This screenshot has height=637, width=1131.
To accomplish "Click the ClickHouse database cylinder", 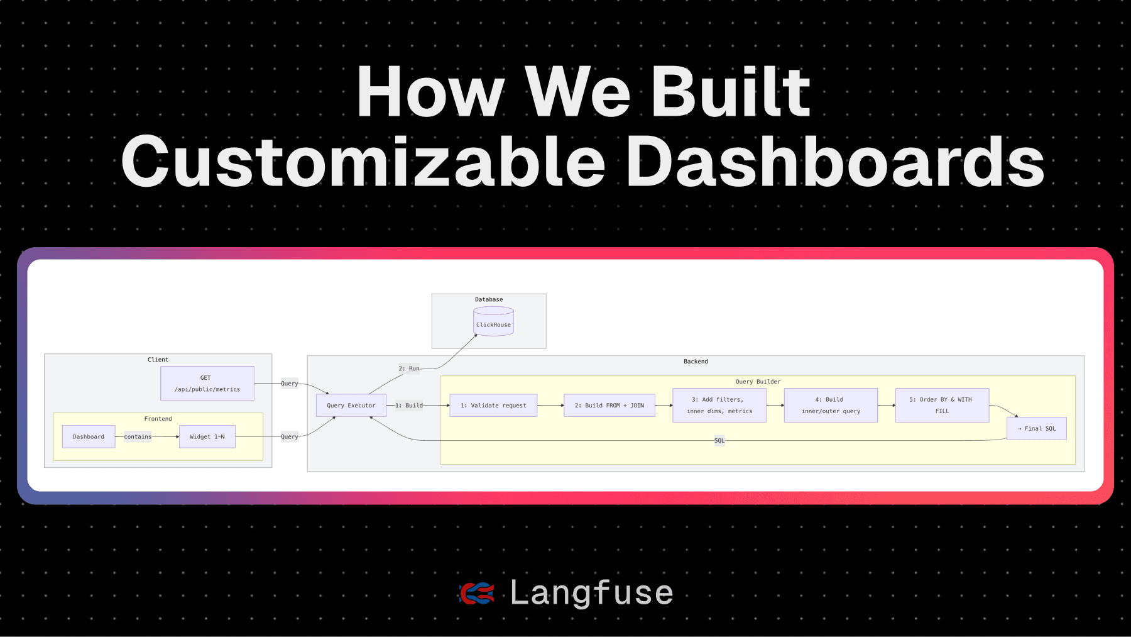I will [x=493, y=321].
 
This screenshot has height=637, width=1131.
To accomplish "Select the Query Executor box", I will [x=351, y=406].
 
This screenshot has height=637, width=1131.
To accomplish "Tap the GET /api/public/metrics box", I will [x=207, y=384].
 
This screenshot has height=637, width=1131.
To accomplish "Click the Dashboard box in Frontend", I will [x=89, y=436].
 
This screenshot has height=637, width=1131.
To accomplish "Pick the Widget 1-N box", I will [x=207, y=436].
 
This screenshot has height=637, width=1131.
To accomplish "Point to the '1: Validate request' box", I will [x=493, y=406].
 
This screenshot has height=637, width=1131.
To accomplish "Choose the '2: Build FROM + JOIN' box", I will [x=609, y=406].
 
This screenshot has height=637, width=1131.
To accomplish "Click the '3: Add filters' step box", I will [x=719, y=405].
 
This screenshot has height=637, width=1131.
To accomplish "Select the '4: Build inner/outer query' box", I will [x=831, y=405].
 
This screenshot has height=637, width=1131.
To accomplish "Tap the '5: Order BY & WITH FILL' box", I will [x=942, y=405].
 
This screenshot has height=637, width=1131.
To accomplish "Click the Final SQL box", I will [x=1037, y=428].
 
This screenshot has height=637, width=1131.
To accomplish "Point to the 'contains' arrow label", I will [x=138, y=436].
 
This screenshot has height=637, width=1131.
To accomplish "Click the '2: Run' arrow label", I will [x=408, y=368].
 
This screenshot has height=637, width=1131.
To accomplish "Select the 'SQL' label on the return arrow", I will [x=719, y=440].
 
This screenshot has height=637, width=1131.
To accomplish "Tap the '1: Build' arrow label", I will [x=409, y=406].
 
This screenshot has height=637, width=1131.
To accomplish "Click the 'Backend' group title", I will [x=696, y=362].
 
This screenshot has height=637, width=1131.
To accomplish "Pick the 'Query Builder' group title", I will [x=758, y=382].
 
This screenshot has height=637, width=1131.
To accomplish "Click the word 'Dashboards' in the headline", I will [x=836, y=162].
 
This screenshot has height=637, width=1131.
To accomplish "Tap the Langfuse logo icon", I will [x=477, y=593].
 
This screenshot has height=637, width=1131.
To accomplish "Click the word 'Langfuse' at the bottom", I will [x=591, y=592].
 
